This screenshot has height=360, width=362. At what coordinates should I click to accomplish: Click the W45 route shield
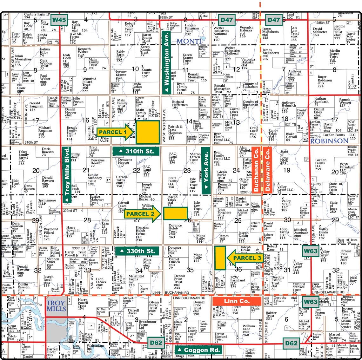coord(59,20)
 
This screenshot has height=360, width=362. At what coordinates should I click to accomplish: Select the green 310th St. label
coord(136,151)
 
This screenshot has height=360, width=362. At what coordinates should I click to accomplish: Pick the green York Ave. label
coord(206,170)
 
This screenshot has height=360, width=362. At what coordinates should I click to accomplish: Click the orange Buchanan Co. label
coord(256,170)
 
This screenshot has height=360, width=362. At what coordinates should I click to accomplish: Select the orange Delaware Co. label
coord(268,170)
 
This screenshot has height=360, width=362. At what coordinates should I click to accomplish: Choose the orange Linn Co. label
coord(237,301)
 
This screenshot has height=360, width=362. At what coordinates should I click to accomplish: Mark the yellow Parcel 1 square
coord(148,132)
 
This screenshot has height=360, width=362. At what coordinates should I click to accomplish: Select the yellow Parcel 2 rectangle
coord(175,213)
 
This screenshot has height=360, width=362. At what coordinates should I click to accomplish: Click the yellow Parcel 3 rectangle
coord(220,258)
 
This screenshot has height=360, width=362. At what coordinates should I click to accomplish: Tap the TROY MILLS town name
coord(56,305)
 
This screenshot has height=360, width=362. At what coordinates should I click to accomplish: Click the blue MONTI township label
coord(189,41)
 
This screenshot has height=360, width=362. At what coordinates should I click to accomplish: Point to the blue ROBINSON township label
coord(329,141)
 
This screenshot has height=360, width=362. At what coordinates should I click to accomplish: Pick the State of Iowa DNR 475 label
coord(285,157)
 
